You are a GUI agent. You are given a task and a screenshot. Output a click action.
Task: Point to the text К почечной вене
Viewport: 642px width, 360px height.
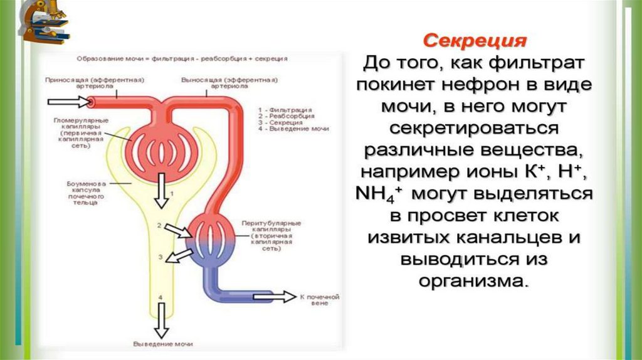click(320, 300)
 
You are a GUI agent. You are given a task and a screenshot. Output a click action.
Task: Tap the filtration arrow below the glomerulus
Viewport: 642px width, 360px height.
click(162, 191)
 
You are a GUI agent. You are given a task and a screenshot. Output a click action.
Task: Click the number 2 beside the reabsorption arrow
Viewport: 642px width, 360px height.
click(160, 225)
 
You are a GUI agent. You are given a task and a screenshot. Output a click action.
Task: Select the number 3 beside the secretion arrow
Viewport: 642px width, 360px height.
click(160, 257)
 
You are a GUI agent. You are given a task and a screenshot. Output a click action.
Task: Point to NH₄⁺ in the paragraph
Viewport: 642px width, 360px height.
click(381, 193)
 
